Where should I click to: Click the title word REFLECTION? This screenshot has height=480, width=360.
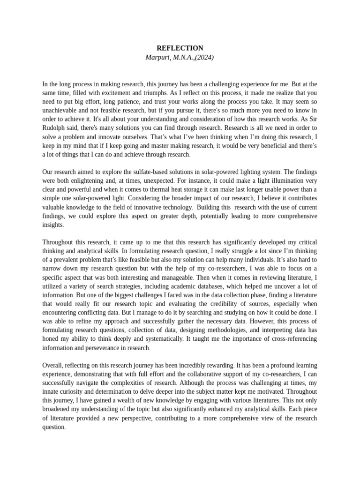(180, 48)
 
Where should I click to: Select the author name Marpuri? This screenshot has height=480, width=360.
(158, 57)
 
